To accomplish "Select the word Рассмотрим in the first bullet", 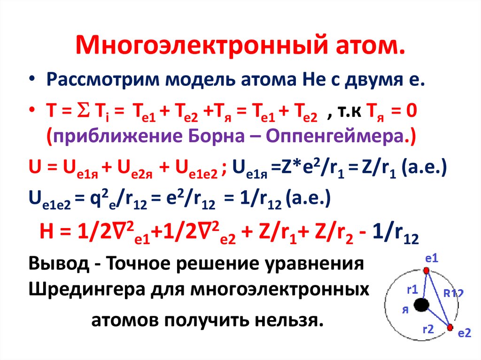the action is click(x=103, y=79).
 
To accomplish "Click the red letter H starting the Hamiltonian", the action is click(x=47, y=231).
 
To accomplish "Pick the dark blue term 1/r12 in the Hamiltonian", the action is click(x=396, y=233).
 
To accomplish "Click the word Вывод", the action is click(x=59, y=263).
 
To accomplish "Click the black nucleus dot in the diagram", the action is click(x=421, y=305).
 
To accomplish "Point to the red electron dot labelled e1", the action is click(x=426, y=270).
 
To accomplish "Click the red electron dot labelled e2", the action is click(x=450, y=328).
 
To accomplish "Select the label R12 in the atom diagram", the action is click(x=453, y=293).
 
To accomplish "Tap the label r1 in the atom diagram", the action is click(x=412, y=289).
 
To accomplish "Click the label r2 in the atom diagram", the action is click(x=428, y=329).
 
